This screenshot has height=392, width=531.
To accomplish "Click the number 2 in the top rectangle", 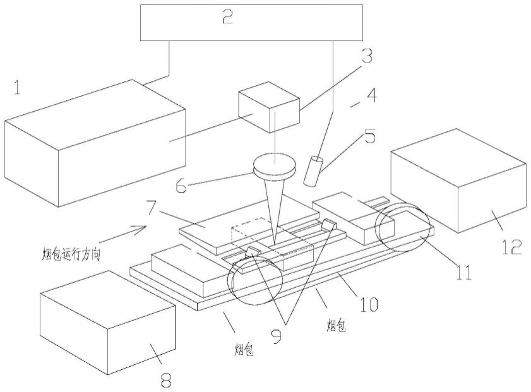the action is (x=227, y=16).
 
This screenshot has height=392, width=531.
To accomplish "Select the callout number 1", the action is (x=17, y=88).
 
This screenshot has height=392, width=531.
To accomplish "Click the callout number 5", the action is (x=369, y=136).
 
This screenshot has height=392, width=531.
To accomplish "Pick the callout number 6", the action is (x=181, y=185).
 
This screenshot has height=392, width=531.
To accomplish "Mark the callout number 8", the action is (x=165, y=381).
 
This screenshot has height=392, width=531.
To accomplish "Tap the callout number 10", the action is (x=367, y=304).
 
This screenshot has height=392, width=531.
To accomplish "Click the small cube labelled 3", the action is (x=269, y=107).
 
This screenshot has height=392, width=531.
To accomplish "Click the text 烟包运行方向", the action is (x=71, y=254).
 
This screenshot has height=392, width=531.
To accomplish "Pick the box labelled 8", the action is (x=108, y=323).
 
